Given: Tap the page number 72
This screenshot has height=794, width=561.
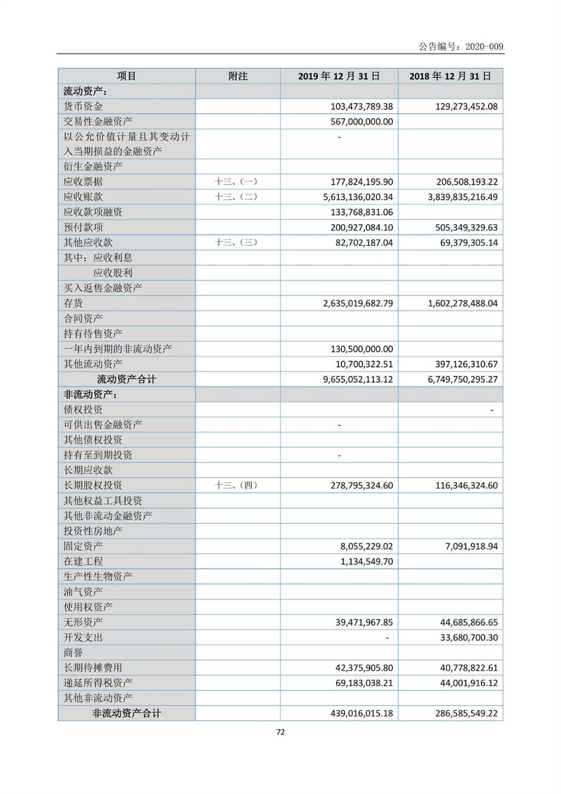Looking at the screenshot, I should click(280, 732).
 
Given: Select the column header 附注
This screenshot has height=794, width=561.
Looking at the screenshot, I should click(237, 76).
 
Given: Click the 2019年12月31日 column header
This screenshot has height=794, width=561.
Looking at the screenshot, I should click(339, 76).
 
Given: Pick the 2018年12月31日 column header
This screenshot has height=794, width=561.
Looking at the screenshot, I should click(450, 76).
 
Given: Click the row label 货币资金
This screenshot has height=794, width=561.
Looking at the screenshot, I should click(83, 107).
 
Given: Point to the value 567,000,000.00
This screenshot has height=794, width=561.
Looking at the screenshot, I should click(362, 122).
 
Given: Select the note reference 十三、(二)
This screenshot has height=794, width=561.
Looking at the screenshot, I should click(236, 197).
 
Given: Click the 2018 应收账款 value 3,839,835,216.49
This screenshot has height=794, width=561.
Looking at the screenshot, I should click(462, 197).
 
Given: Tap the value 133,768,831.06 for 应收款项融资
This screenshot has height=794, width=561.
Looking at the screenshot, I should click(362, 212).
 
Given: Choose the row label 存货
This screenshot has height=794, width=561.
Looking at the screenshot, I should click(73, 303).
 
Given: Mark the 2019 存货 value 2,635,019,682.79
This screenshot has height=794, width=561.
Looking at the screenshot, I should click(358, 303).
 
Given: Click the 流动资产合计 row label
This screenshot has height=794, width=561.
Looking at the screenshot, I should click(126, 379).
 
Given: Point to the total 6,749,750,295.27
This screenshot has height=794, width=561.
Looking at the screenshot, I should click(462, 379).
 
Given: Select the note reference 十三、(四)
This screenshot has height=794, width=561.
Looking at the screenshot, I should click(236, 486).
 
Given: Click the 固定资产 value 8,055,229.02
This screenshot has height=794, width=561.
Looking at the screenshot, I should click(367, 546).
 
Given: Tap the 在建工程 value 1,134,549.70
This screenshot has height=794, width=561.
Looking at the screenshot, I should click(367, 561).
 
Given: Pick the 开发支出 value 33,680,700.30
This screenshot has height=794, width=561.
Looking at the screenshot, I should click(469, 638).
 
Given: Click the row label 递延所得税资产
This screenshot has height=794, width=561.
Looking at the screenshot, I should click(98, 683).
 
